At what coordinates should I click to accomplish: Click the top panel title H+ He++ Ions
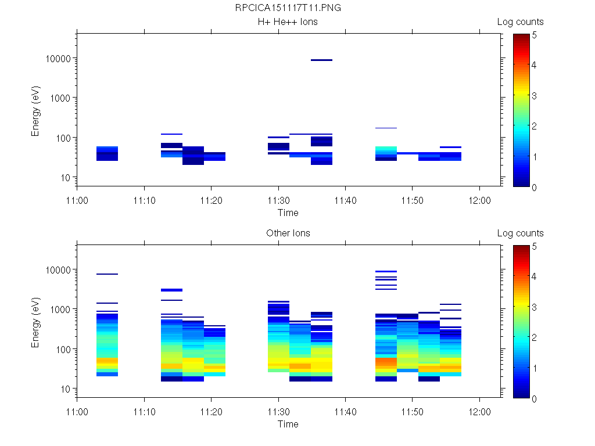(x=288, y=22)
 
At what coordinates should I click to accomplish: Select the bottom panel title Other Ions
(x=288, y=233)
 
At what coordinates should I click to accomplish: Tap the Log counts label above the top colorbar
(x=520, y=22)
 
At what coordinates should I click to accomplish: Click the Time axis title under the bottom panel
(x=288, y=424)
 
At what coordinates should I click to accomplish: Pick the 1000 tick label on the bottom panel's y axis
(x=60, y=310)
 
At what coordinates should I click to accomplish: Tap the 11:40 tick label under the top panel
(x=345, y=200)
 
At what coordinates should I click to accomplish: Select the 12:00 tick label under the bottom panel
(x=479, y=411)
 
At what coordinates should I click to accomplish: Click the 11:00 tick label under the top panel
(x=77, y=200)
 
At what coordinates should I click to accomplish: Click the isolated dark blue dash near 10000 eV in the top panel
(x=321, y=60)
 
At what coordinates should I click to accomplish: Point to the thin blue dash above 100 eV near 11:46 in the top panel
(x=386, y=128)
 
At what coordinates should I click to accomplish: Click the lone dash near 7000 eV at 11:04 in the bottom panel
(x=107, y=274)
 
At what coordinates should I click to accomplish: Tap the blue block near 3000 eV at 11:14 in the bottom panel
(x=171, y=290)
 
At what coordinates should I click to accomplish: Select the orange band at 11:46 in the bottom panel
(x=386, y=363)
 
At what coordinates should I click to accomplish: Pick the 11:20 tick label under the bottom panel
(x=211, y=411)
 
